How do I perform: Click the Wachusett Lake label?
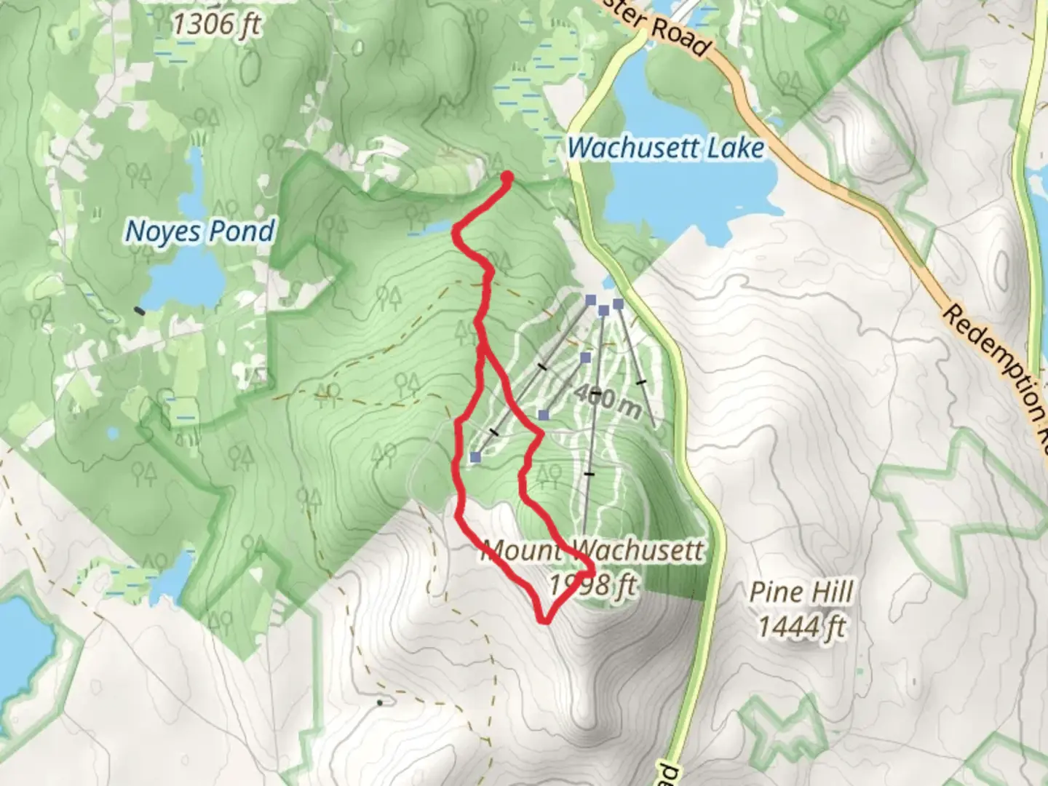point(665,148)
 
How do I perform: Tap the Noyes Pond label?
point(200,231)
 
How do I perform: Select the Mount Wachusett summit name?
point(593,550)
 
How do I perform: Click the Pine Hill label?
point(801,592)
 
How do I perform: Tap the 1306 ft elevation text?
point(216,24)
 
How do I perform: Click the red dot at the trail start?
point(507,176)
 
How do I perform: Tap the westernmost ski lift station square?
point(475,457)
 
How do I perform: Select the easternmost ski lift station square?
point(618,303)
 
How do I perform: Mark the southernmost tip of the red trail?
point(544,621)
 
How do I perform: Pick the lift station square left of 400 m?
point(544,415)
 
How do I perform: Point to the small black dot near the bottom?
point(380,703)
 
